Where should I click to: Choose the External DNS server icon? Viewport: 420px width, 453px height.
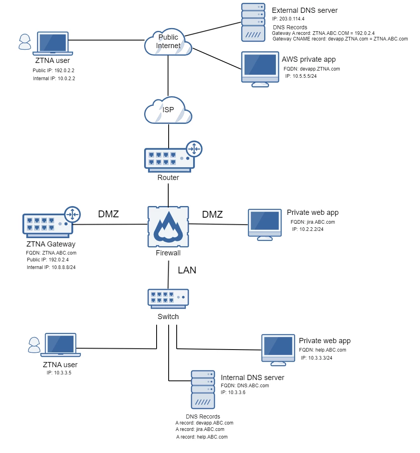(253, 22)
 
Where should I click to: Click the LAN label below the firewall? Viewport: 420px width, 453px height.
(187, 270)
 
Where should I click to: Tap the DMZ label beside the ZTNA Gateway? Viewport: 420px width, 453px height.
(108, 214)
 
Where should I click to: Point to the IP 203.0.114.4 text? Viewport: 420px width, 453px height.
(289, 18)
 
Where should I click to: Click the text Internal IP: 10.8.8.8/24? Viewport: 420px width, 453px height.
(51, 267)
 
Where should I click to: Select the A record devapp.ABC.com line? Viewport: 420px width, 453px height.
(204, 423)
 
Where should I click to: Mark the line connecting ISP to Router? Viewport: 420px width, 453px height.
(168, 136)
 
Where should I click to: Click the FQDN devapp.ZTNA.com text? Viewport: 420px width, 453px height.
(312, 69)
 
